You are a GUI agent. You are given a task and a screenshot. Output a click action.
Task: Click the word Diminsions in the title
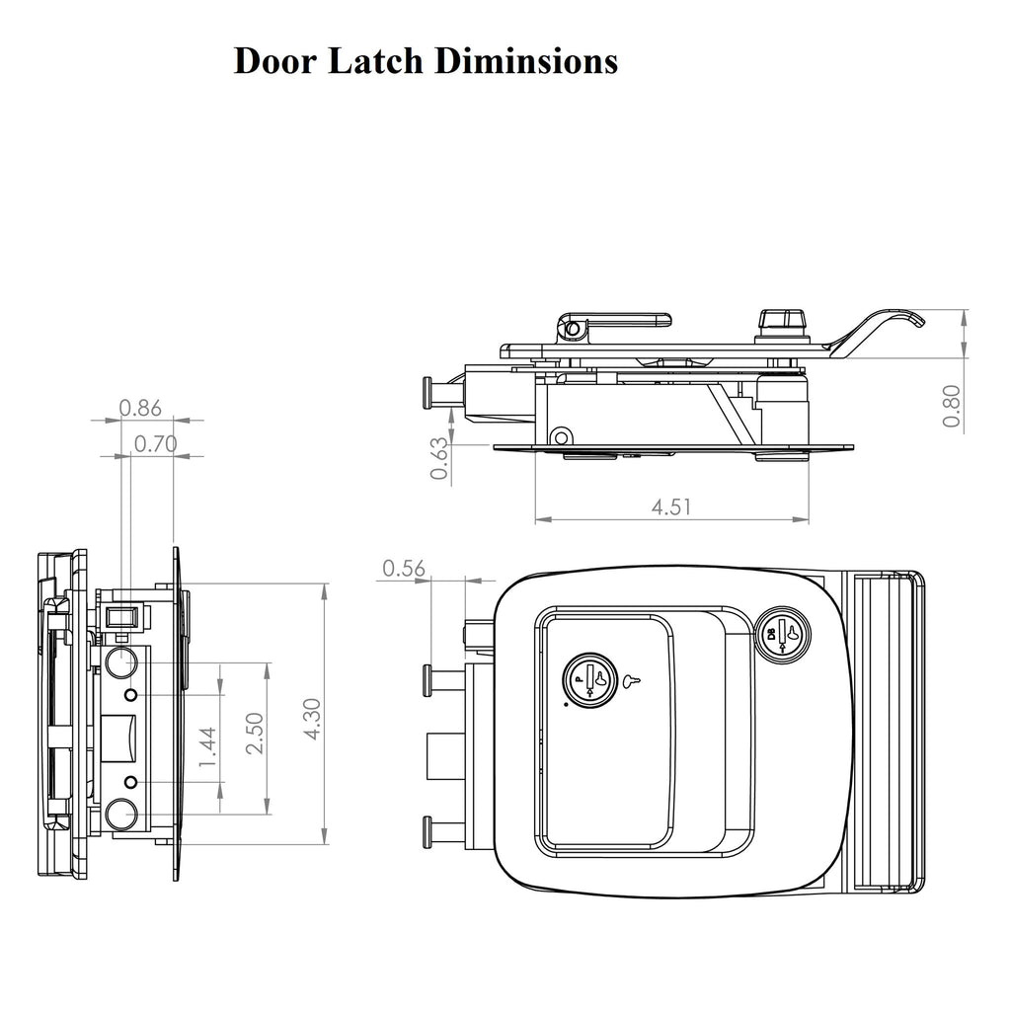[x=526, y=61]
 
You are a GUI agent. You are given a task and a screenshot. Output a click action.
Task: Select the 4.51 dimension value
[x=671, y=507]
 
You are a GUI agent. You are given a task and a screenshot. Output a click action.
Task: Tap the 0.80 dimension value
[x=952, y=405]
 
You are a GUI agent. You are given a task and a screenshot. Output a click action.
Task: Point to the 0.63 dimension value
[x=440, y=459]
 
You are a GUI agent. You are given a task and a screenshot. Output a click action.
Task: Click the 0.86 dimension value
[x=140, y=407]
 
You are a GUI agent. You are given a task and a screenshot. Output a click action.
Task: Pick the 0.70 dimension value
[x=156, y=444]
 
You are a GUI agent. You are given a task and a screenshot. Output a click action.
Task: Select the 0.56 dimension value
[x=403, y=568]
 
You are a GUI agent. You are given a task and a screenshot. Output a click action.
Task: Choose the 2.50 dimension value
[x=255, y=734]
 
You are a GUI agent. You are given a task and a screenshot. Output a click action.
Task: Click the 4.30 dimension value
[x=312, y=718]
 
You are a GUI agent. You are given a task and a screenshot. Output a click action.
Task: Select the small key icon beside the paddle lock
[x=632, y=679]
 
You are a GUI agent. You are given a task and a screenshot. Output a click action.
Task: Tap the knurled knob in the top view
[x=782, y=322]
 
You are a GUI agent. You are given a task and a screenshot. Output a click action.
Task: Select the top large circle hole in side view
[x=121, y=662]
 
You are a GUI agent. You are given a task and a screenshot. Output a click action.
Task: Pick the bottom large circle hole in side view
[x=121, y=816]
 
